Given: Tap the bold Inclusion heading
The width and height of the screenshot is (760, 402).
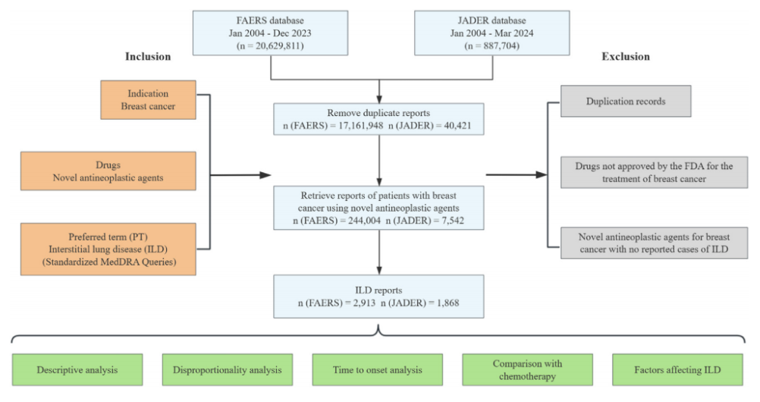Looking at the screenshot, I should (x=148, y=57).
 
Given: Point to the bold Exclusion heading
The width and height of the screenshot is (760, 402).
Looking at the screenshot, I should (x=626, y=57).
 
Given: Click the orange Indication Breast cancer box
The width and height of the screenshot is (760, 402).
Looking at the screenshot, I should (x=148, y=100).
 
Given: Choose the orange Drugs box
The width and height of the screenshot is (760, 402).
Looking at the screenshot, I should (x=148, y=171).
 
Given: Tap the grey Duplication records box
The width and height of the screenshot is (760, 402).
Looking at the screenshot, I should (x=626, y=101).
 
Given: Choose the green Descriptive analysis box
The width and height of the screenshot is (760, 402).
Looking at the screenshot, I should (x=78, y=370).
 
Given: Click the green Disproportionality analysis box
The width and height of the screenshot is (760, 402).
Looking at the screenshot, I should (x=227, y=370).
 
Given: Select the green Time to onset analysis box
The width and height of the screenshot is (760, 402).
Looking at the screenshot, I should (x=377, y=370).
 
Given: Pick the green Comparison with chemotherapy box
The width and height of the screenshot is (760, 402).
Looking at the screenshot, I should (x=527, y=370).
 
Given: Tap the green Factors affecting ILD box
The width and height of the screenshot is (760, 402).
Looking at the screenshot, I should (x=677, y=370).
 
